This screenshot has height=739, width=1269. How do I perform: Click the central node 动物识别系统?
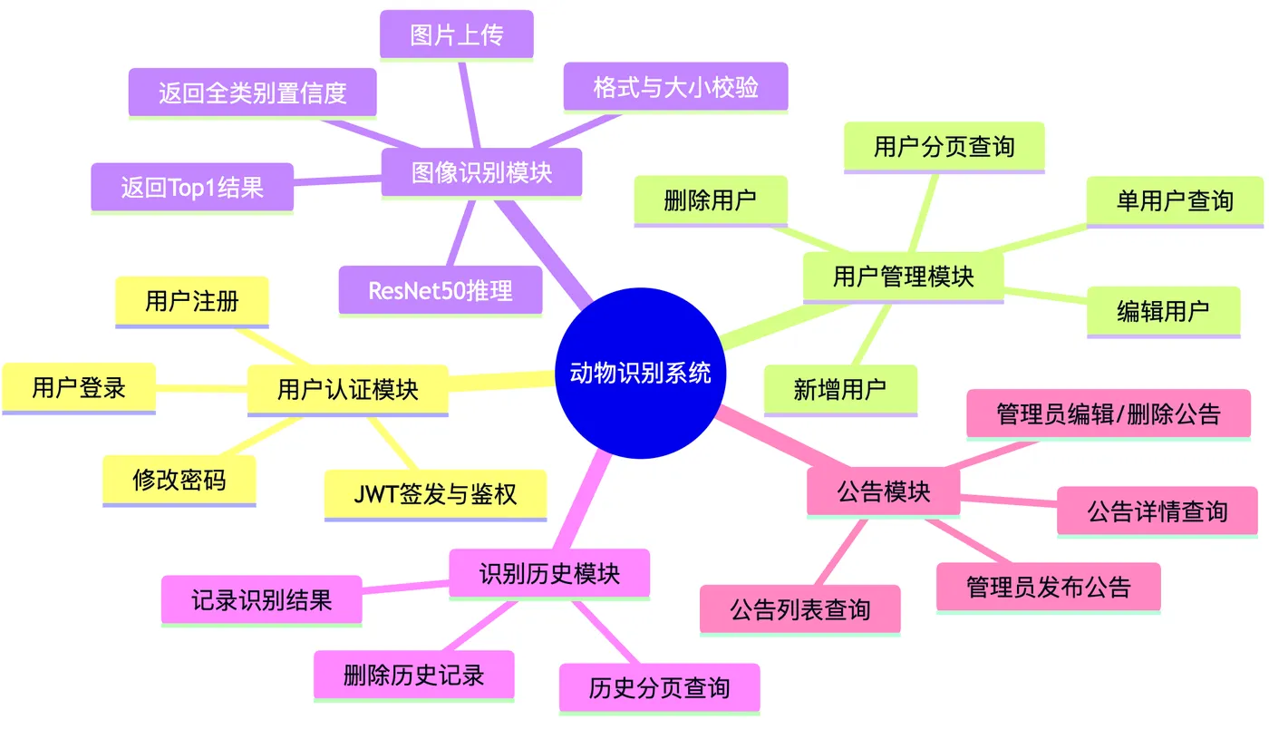(x=641, y=373)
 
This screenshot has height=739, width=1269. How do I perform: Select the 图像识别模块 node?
(x=481, y=172)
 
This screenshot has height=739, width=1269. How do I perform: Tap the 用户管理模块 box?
(x=903, y=276)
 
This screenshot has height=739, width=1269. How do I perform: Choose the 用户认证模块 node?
(x=348, y=390)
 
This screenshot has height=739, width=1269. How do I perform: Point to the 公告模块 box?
(x=883, y=491)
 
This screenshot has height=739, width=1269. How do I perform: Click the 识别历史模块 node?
(x=549, y=573)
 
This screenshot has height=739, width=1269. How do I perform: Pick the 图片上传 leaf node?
(x=457, y=34)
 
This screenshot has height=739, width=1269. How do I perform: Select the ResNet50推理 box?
(x=441, y=290)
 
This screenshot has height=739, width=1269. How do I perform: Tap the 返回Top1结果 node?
(x=192, y=187)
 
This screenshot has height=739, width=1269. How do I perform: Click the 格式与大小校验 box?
(x=675, y=87)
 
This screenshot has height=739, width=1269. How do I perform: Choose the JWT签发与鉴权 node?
(x=436, y=494)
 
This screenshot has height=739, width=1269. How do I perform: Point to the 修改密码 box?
(x=179, y=480)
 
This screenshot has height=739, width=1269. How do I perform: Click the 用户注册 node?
(x=192, y=301)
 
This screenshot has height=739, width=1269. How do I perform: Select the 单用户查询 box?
(x=1175, y=200)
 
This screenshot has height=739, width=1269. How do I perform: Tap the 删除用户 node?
(x=711, y=200)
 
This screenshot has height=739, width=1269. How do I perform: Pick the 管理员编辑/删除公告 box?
(x=1109, y=413)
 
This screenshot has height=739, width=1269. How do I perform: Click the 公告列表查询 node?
(x=800, y=609)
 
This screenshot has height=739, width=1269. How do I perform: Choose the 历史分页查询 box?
(x=659, y=687)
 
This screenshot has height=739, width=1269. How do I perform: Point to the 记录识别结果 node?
(x=262, y=599)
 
